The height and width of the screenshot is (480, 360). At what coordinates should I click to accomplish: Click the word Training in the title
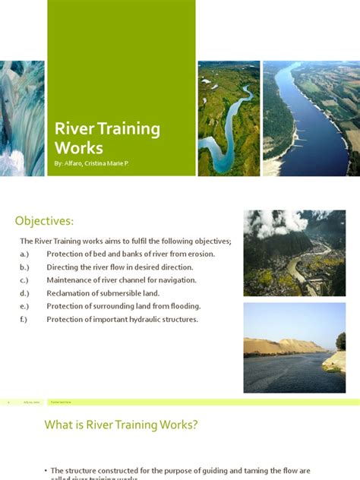tap(127, 128)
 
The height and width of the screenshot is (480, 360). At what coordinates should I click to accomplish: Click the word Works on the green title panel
tap(79, 147)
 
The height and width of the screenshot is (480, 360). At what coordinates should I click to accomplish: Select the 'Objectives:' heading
tap(45, 221)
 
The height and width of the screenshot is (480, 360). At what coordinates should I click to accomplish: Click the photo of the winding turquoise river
tap(229, 118)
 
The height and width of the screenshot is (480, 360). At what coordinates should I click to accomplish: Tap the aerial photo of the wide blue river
tap(311, 118)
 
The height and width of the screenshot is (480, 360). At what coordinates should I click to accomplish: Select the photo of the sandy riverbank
tap(294, 347)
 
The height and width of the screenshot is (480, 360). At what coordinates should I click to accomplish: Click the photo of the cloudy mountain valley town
tap(294, 252)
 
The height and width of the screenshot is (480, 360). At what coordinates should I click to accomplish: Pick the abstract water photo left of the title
tap(22, 118)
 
